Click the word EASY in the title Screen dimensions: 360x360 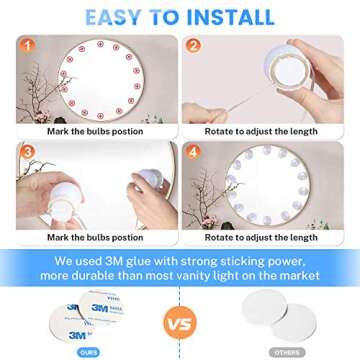pos(119,17)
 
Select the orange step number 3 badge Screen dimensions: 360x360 pos(27,153)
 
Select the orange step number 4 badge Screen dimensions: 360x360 pos(193,153)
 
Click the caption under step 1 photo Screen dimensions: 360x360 pos(93,131)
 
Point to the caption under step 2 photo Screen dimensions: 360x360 pos(262,131)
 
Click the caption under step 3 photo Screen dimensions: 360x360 pos(93,238)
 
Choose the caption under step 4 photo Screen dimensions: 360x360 pos(262,238)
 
